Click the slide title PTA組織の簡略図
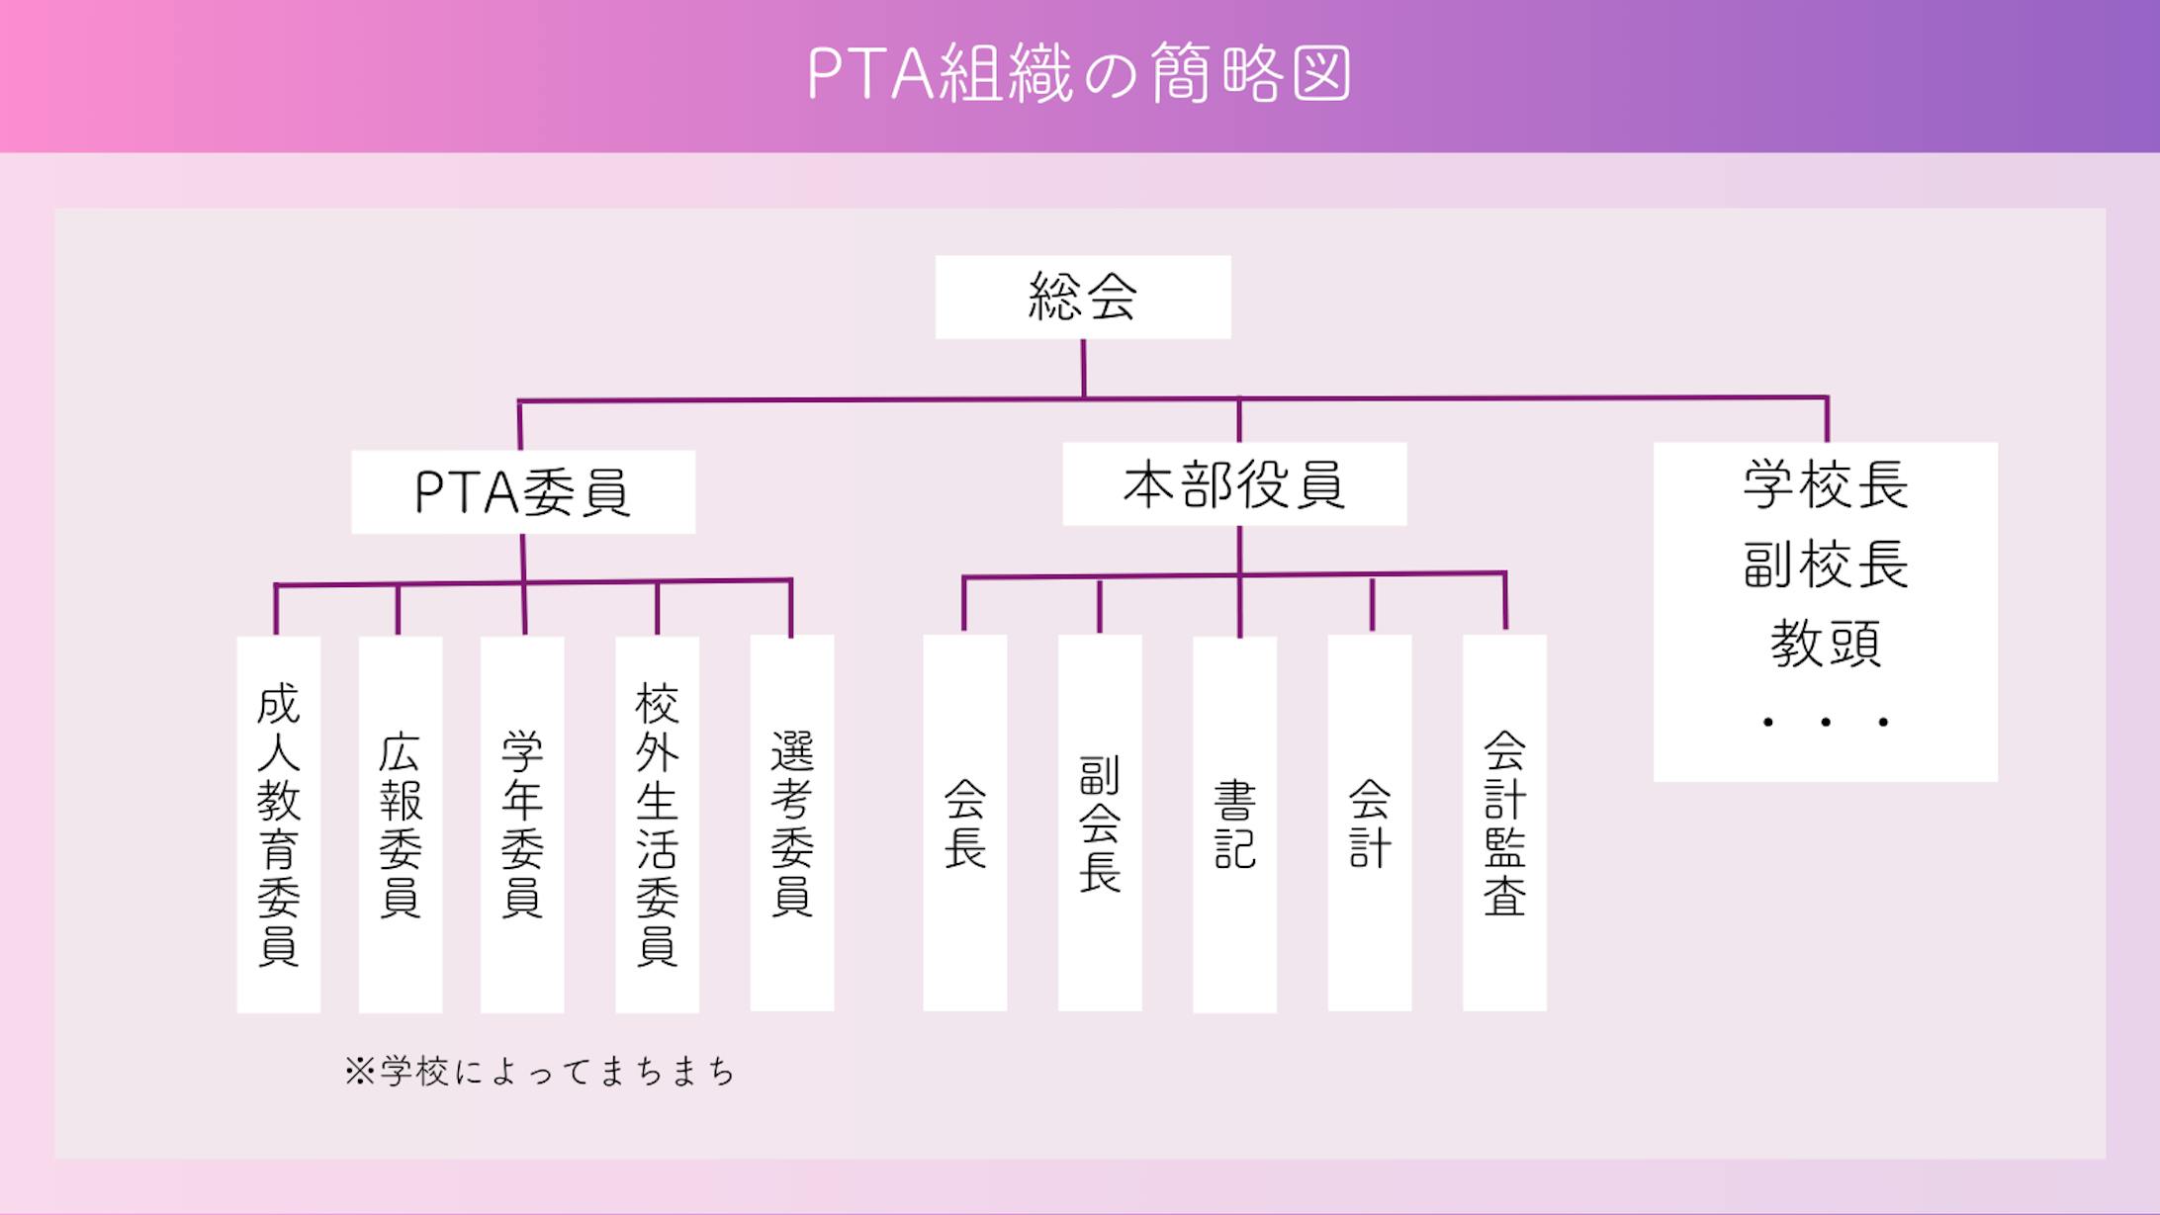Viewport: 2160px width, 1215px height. click(1079, 73)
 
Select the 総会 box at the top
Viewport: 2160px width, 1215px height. click(1083, 297)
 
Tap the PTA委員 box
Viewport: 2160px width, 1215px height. click(523, 491)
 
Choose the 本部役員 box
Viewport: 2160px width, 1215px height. click(1234, 483)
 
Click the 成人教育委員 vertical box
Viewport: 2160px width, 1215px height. click(278, 824)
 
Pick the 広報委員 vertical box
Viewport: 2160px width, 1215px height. click(400, 824)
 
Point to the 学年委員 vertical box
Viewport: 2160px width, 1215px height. click(522, 824)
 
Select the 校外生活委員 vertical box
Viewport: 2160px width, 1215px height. click(657, 824)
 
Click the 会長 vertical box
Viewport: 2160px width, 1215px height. click(964, 823)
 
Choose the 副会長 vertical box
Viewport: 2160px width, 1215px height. click(1100, 823)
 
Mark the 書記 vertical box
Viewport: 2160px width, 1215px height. click(1234, 824)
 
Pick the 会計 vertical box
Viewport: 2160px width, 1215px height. click(1369, 823)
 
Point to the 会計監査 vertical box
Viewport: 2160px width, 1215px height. click(1504, 823)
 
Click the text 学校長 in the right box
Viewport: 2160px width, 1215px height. click(1826, 484)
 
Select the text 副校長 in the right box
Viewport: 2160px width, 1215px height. click(1826, 564)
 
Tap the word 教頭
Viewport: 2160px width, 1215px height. click(1826, 644)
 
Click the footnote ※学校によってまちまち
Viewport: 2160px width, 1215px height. click(540, 1072)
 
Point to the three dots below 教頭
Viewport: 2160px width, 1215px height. click(1826, 723)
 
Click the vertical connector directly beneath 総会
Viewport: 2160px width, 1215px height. click(1083, 369)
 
